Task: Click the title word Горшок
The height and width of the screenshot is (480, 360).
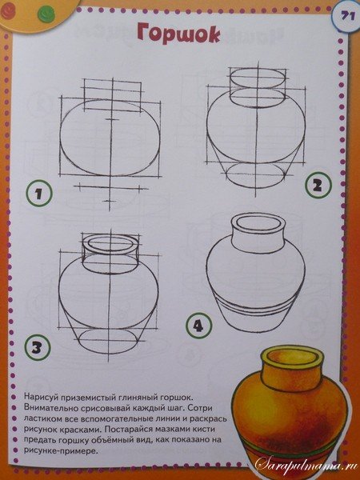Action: tap(177, 35)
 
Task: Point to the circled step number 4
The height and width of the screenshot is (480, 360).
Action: tap(198, 326)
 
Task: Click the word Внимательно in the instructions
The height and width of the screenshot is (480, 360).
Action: tap(65, 407)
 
